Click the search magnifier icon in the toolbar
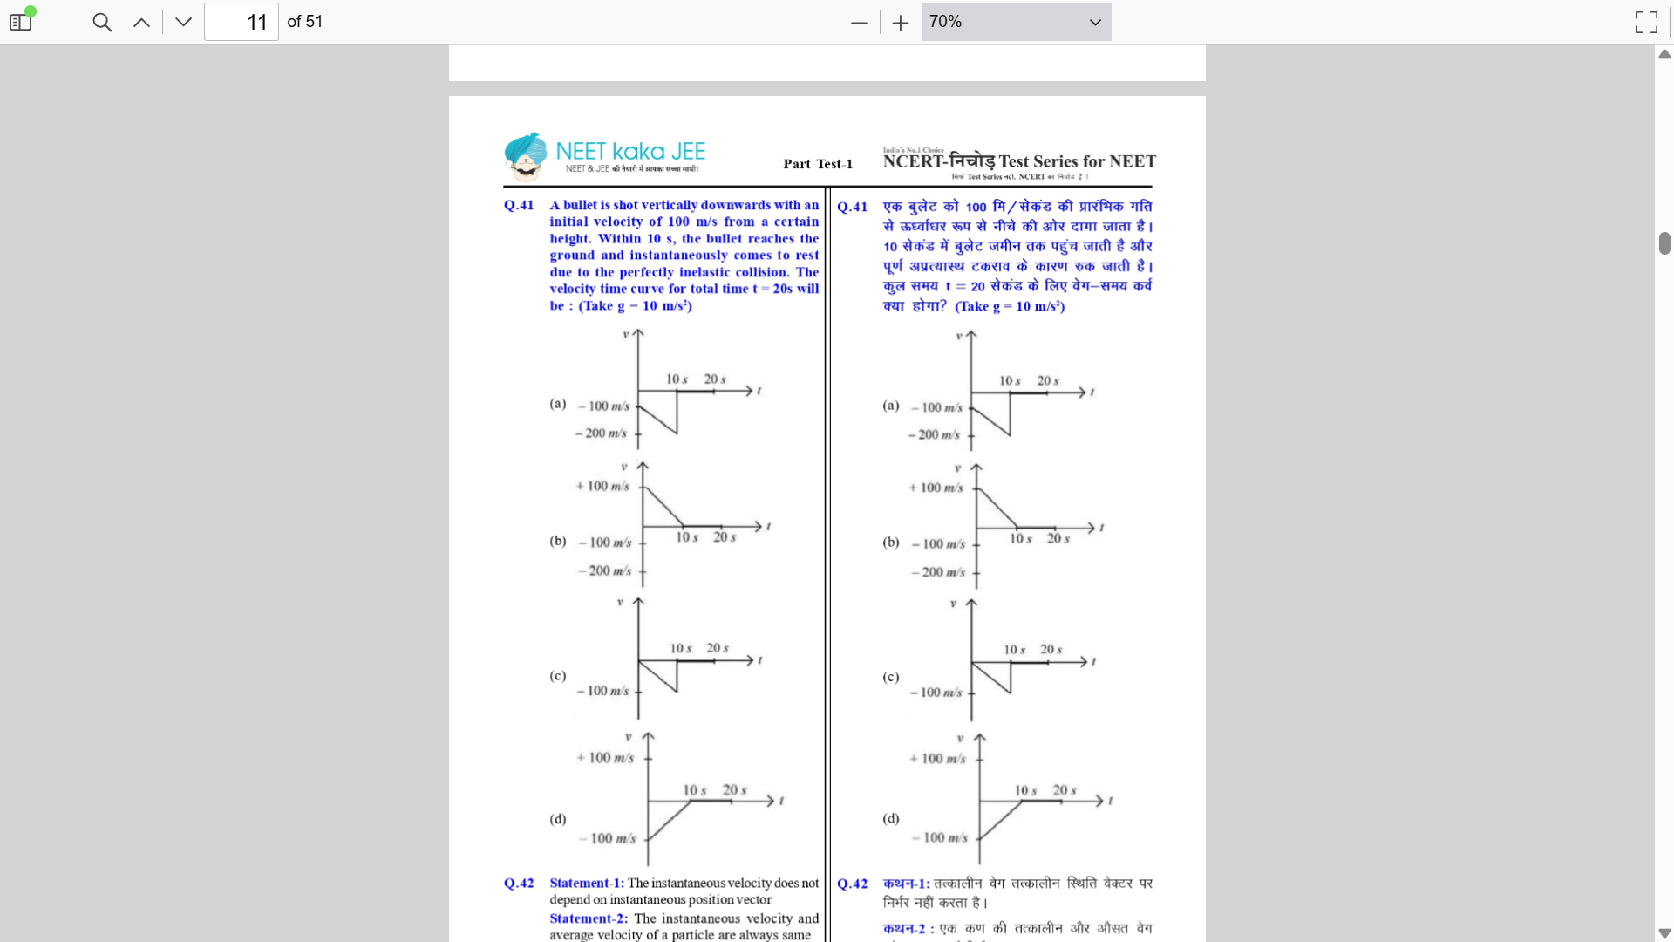102,22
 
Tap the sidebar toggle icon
20,22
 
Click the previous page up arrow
141,22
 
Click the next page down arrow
183,22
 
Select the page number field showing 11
242,22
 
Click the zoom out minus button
859,23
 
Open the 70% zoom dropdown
1016,22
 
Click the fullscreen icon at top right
1646,22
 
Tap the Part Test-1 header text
818,164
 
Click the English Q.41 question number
519,205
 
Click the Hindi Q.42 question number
852,884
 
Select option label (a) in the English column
558,404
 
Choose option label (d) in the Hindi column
890,818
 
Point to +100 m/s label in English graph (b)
602,486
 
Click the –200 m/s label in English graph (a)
601,433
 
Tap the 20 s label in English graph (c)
718,648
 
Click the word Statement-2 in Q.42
589,918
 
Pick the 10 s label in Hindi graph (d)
1025,791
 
